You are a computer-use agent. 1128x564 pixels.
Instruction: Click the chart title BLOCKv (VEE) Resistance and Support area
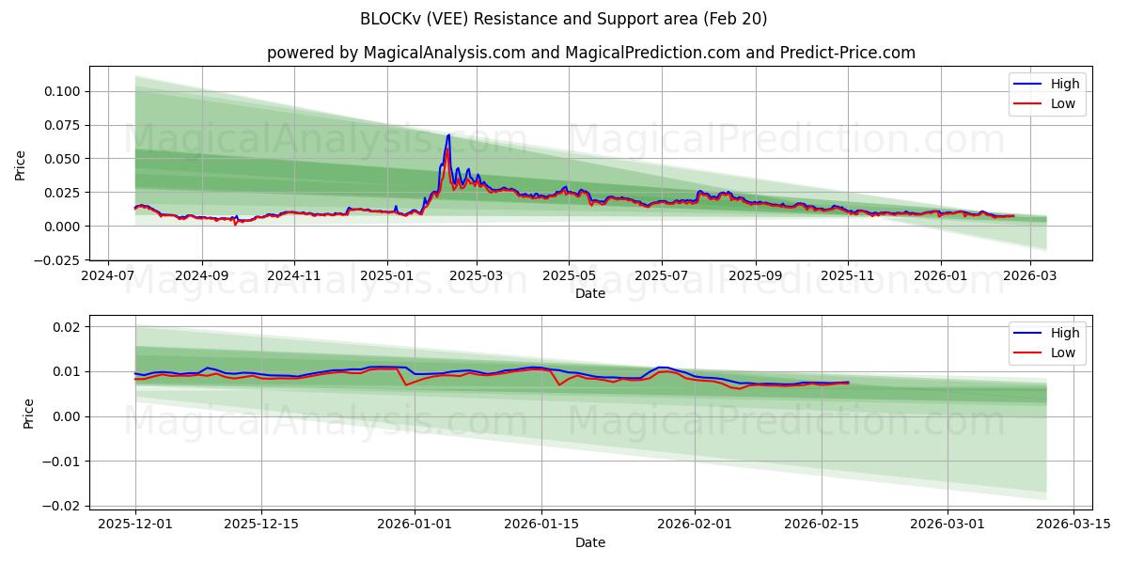click(x=563, y=19)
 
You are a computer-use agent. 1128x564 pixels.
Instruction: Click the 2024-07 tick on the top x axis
click(x=109, y=275)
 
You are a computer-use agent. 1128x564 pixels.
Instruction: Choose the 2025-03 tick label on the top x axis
click(x=477, y=275)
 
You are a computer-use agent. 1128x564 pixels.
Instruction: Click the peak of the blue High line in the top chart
click(x=448, y=135)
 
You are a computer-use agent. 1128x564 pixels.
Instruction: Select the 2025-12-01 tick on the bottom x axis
click(x=135, y=525)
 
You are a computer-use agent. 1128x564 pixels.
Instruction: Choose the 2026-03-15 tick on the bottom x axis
click(x=1073, y=525)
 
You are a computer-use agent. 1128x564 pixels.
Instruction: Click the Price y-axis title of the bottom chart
click(x=28, y=414)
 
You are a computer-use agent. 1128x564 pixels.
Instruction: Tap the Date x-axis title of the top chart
click(x=590, y=293)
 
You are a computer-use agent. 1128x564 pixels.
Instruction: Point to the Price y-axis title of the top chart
click(x=21, y=164)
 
